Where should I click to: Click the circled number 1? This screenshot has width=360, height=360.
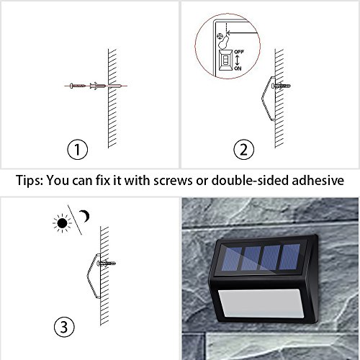[x=77, y=149]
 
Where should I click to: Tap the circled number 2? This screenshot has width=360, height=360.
[x=243, y=149]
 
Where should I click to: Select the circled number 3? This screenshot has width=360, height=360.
[x=64, y=327]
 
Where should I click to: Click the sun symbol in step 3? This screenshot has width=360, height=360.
[x=62, y=223]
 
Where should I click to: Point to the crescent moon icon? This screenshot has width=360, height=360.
[x=85, y=216]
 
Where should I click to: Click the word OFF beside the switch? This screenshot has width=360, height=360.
[x=239, y=52]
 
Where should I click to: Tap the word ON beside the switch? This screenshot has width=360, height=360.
[x=238, y=68]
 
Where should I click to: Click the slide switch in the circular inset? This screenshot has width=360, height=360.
[x=226, y=60]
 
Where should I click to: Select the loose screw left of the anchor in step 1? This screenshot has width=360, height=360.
[x=77, y=86]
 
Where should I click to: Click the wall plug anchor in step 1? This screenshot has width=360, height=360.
[x=98, y=86]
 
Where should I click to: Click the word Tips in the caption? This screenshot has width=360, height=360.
[x=29, y=180]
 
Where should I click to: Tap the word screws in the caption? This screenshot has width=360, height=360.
[x=173, y=181]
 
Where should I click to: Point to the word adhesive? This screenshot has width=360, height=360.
[x=318, y=180]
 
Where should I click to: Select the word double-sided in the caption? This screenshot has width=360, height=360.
[x=250, y=180]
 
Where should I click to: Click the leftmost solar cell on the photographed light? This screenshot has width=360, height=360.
[x=231, y=258]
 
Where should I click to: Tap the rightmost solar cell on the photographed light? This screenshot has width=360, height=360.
[x=290, y=256]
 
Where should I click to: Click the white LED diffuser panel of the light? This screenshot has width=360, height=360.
[x=261, y=303]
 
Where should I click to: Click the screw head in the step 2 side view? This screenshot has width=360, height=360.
[x=273, y=86]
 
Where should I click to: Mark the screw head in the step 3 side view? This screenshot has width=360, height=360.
[x=99, y=264]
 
